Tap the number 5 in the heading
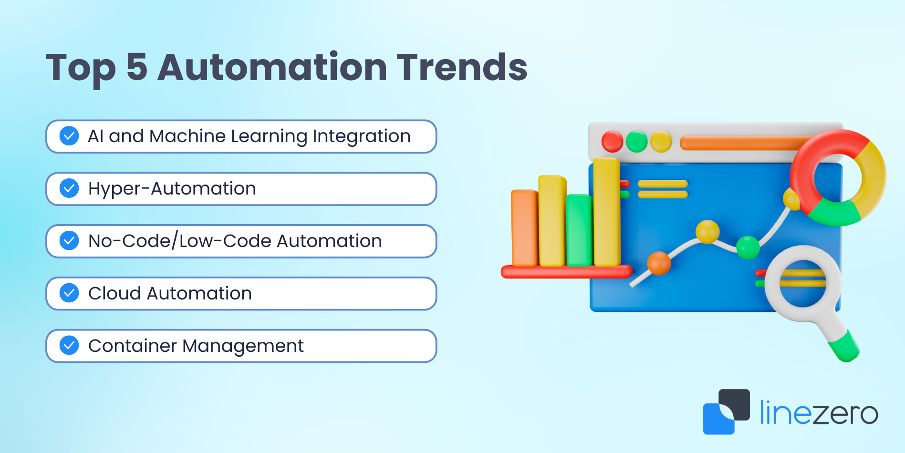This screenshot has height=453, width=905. coord(137,67)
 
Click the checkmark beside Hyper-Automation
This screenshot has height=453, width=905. coord(69,188)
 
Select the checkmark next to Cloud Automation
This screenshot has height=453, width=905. coord(69,293)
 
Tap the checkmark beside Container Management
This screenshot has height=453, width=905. coord(69,346)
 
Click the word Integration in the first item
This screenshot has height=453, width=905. coord(362,137)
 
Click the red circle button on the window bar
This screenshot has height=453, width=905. coord(612,142)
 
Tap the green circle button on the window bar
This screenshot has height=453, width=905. coord(636,142)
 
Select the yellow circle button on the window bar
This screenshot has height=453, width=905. coord(661,142)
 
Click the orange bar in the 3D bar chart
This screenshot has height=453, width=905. coord(524,228)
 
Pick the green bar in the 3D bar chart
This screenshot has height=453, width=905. coord(580,230)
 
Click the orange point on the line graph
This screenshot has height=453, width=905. coord(659,263)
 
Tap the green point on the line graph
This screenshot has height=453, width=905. coord(748,247)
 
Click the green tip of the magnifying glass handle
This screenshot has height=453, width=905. coord(844,348)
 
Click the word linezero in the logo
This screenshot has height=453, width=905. coord(819,412)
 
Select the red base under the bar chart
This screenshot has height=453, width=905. coord(567,272)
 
